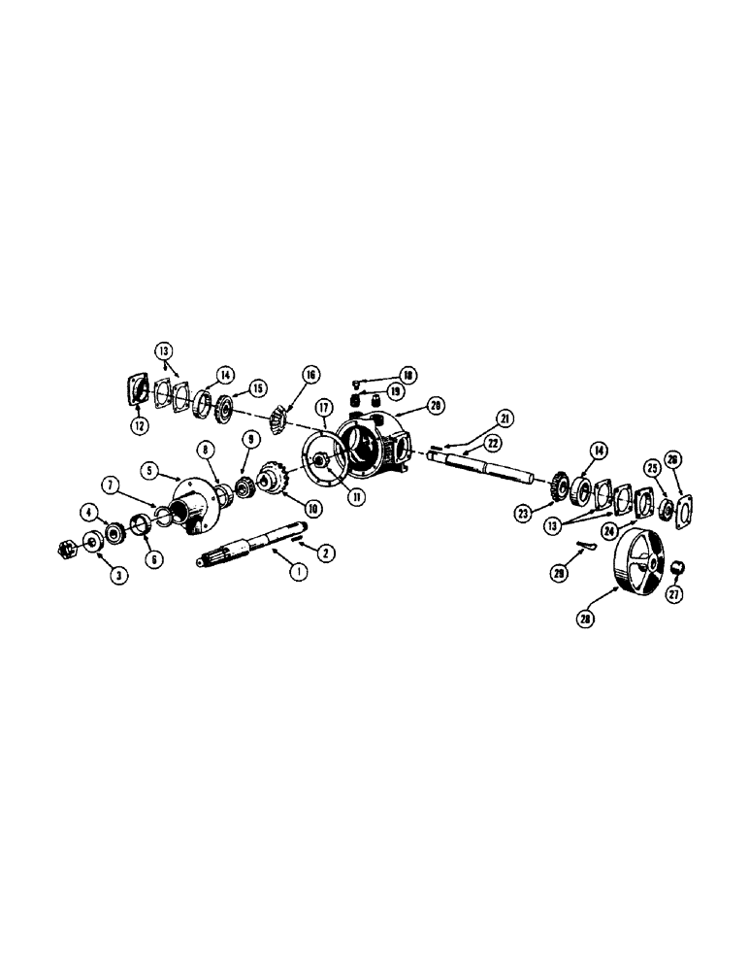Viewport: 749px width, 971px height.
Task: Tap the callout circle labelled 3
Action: pyautogui.click(x=118, y=576)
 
